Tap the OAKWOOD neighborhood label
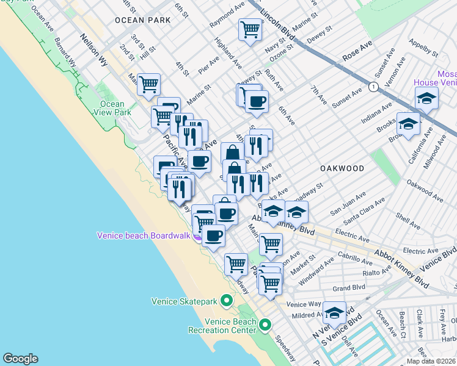point(342,168)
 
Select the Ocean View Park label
point(115,108)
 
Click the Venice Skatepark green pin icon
point(227,301)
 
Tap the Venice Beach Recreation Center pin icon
point(265,325)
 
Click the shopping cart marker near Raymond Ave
point(250,29)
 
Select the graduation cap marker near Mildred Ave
point(334,314)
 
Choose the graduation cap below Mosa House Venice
point(426,97)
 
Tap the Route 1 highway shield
point(372,87)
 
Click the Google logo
point(20,359)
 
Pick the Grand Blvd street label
point(349,288)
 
